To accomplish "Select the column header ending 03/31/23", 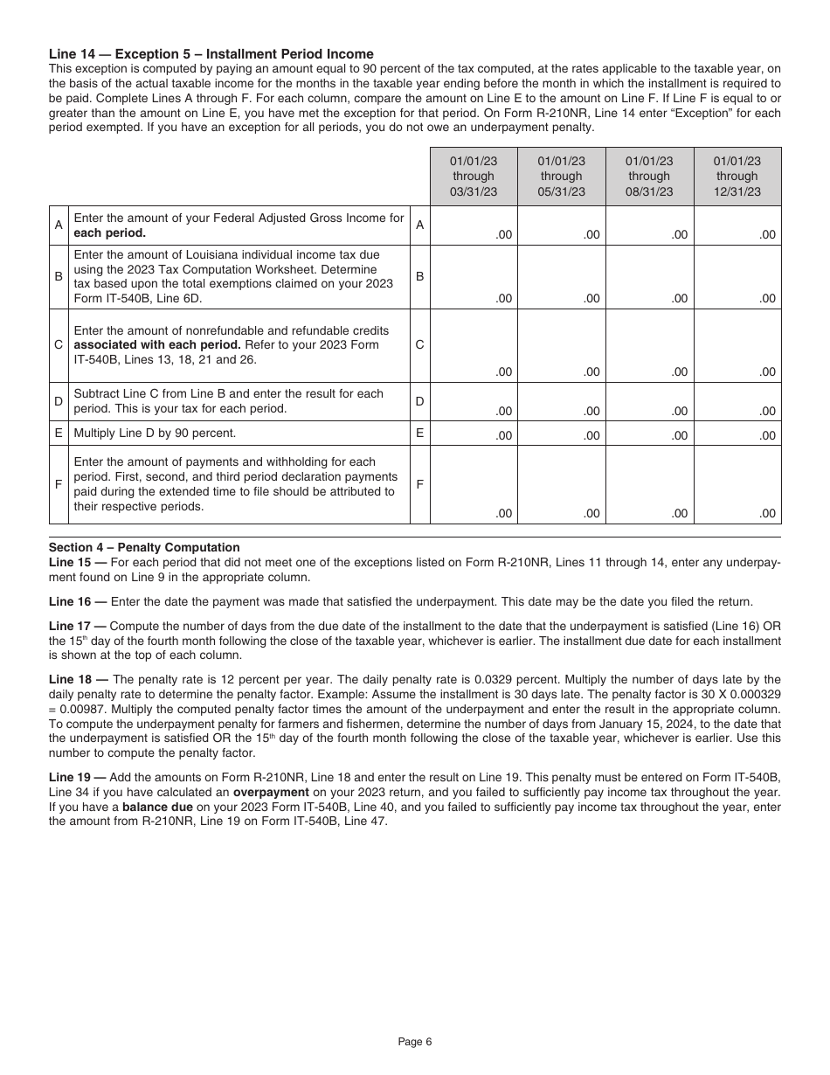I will click(473, 177).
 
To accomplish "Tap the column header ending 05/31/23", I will click(561, 177).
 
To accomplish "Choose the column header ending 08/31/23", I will click(649, 177).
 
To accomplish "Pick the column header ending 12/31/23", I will click(737, 177).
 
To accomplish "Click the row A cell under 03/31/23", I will click(473, 225).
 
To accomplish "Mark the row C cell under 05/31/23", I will click(561, 345).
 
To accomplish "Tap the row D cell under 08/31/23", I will click(649, 402).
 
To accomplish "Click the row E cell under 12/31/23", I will click(737, 433).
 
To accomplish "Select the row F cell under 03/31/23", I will click(473, 484).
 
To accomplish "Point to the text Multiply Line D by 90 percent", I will click(155, 433).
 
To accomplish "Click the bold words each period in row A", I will click(109, 233).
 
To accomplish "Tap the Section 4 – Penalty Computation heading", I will click(143, 548).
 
